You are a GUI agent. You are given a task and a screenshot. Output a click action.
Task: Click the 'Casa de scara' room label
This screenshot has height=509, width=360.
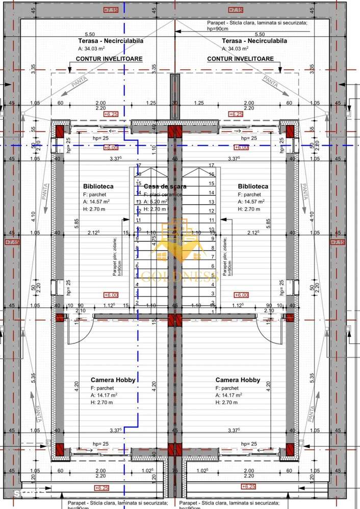(x=165, y=186)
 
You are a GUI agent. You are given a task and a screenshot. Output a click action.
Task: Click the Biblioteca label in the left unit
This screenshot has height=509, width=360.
(x=98, y=186)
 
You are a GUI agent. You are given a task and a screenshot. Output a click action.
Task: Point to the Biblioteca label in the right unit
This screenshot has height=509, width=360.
(x=253, y=186)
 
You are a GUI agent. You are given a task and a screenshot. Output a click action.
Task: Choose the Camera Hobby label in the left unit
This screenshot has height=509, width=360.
(x=113, y=380)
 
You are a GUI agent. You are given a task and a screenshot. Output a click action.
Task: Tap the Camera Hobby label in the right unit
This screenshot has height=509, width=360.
(x=238, y=380)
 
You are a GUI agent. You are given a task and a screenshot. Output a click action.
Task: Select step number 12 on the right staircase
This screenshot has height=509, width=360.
(x=211, y=211)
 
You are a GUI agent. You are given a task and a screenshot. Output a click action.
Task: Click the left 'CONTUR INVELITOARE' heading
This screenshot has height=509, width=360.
(x=109, y=59)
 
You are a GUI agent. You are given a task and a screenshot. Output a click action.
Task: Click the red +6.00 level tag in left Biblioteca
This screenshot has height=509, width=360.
(x=111, y=295)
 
